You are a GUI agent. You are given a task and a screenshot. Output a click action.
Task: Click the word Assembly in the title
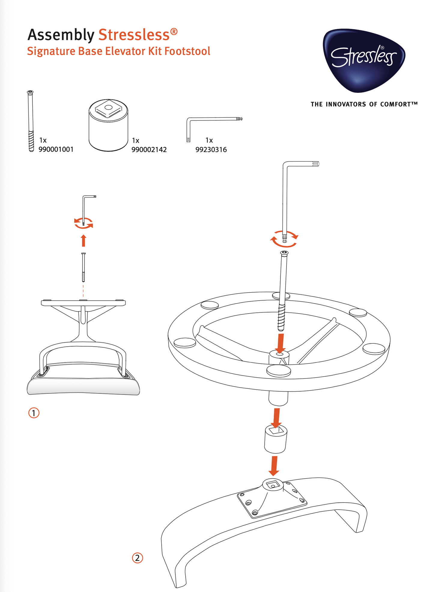click(x=61, y=35)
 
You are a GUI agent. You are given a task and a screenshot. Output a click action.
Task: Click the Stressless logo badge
click(x=364, y=60)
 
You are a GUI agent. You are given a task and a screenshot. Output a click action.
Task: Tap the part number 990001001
click(x=56, y=149)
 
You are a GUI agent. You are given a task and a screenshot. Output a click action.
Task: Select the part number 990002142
click(x=149, y=150)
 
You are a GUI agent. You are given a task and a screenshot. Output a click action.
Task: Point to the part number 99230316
click(x=211, y=150)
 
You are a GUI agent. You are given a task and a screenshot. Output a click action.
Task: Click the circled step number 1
click(x=34, y=413)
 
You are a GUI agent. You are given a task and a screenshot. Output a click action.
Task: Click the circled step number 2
click(x=138, y=558)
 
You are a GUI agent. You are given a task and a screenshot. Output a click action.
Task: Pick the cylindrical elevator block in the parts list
click(x=108, y=125)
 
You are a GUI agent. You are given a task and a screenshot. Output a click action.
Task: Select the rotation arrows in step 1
click(x=83, y=223)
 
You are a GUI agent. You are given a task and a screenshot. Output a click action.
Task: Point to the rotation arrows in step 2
click(x=284, y=239)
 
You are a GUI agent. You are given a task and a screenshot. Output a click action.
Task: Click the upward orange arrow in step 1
click(x=84, y=241)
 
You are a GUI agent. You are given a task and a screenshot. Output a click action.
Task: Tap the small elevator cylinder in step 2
click(x=275, y=439)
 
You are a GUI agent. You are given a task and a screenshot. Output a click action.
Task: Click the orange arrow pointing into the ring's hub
click(x=281, y=344)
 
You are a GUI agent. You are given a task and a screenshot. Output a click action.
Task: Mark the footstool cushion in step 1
click(x=83, y=386)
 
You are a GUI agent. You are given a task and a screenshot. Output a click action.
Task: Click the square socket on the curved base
click(x=273, y=484)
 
